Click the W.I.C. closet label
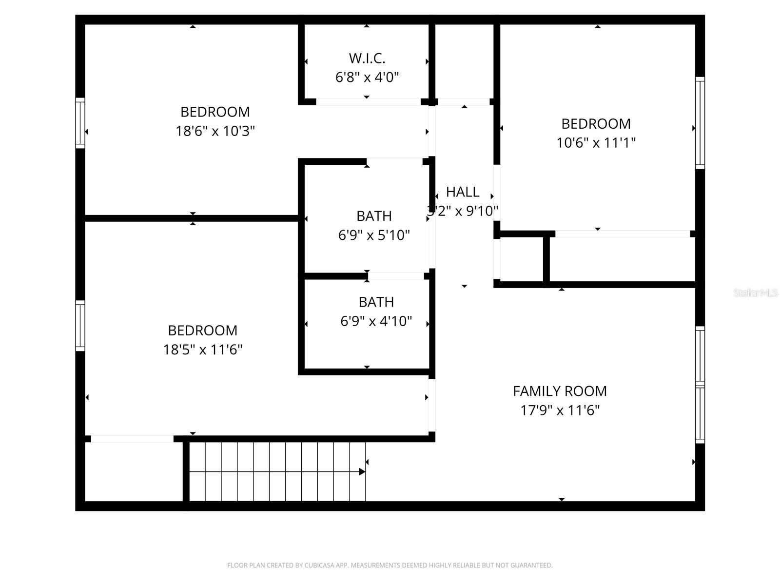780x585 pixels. [367, 58]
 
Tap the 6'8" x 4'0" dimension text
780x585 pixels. [367, 77]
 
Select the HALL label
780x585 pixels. [462, 192]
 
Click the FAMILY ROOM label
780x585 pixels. [560, 391]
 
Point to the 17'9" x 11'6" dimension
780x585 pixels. [560, 410]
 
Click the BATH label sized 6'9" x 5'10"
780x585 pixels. [374, 216]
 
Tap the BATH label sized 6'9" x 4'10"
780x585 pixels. [376, 302]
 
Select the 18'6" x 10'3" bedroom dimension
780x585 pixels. [215, 131]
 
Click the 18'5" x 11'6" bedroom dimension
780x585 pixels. [202, 350]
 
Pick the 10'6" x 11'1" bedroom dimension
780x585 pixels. [596, 143]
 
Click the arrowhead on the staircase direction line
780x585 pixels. [362, 471]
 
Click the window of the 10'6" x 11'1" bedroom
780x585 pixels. [700, 123]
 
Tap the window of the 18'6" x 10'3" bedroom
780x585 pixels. [80, 123]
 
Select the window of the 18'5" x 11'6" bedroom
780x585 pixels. [80, 326]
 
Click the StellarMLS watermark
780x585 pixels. [755, 293]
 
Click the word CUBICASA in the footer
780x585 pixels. [319, 565]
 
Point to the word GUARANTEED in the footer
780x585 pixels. [531, 565]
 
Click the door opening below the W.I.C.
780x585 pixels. [368, 102]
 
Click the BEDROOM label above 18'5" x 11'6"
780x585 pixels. [202, 331]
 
